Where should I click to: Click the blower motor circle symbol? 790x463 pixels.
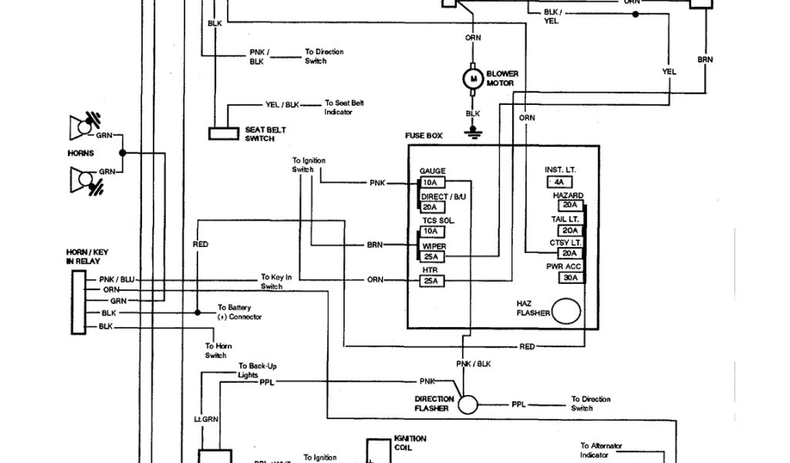472,78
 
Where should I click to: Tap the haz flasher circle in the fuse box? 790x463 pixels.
567,312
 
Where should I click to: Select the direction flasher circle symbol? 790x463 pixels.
468,404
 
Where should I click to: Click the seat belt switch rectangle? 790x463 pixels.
224,133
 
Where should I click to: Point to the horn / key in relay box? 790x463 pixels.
78,302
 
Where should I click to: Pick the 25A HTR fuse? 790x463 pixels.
430,281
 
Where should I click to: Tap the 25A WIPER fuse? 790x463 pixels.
430,256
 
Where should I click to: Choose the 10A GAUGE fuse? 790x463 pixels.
430,183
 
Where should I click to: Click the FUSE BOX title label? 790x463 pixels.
424,136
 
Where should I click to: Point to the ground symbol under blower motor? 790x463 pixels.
472,132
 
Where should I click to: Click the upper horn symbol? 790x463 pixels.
82,125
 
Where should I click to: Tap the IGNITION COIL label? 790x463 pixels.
409,442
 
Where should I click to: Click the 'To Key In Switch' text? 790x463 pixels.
276,282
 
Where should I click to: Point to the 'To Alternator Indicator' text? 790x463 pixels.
602,450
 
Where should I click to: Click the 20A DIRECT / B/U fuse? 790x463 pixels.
430,207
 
